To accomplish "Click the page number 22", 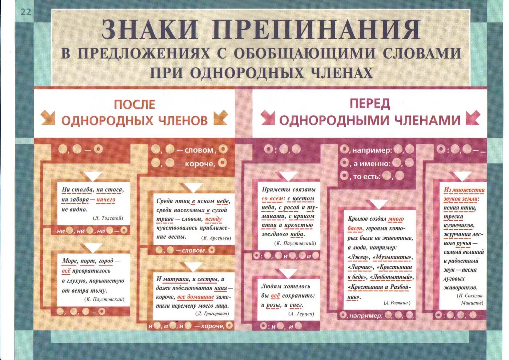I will pos(26,12).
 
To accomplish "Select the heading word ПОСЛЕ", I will pos(135,104).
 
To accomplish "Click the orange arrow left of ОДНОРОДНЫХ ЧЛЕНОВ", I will pos(48,118).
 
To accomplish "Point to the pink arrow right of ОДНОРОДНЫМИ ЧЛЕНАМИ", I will pos(473,118).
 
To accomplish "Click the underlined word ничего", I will pos(106,200).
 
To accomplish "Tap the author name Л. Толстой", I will pos(108,218).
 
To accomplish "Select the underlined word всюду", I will pos(213,219).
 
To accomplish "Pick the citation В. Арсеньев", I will pos(216,238).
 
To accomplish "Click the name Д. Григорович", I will pos(212,313).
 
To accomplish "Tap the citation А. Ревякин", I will pos(397,303).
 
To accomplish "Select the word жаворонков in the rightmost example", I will pos(460,288).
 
